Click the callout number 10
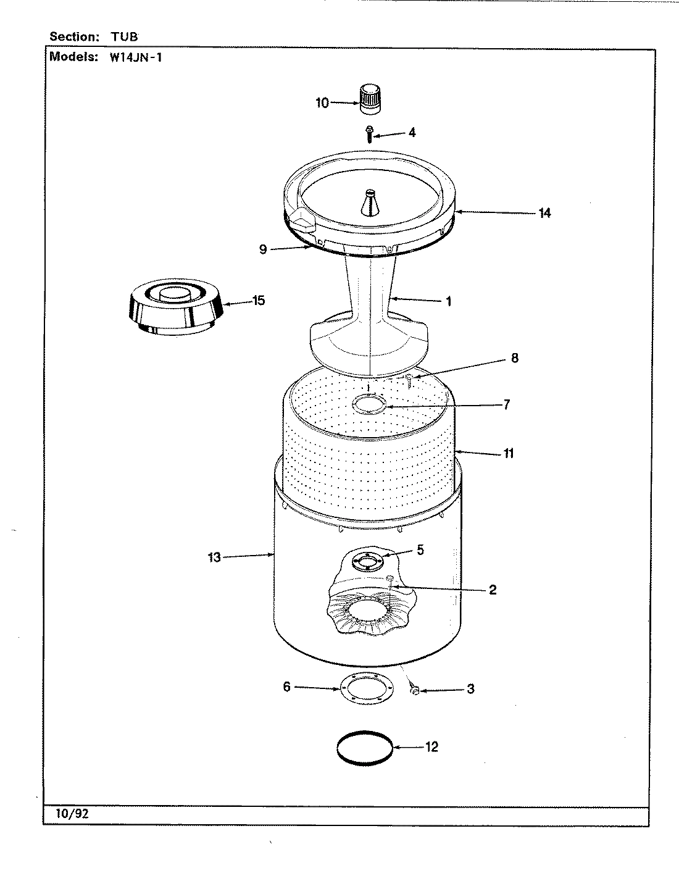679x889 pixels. click(322, 103)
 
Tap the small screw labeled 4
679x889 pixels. click(369, 133)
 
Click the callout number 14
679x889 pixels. click(544, 213)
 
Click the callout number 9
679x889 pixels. click(263, 250)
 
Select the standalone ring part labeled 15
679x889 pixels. click(172, 306)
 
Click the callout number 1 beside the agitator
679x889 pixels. click(448, 301)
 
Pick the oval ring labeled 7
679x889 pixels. click(369, 404)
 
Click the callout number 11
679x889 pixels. click(508, 453)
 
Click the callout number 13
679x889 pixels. click(214, 558)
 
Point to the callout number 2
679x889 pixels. click(492, 590)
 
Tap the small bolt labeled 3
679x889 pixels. click(414, 690)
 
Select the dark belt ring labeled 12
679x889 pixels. click(365, 748)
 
